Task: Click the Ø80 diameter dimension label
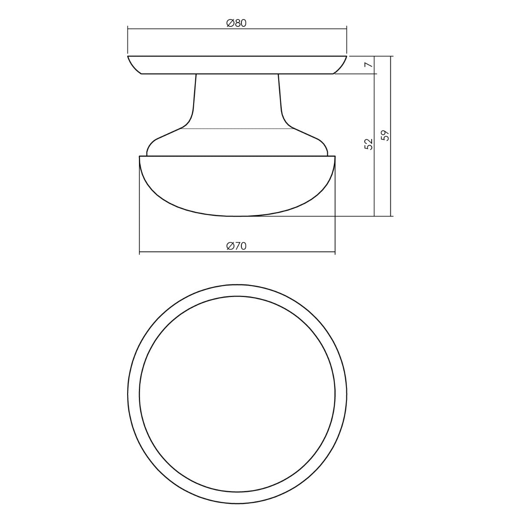(237, 23)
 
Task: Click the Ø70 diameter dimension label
(237, 246)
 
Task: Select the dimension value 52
(369, 144)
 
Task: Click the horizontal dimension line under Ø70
(237, 252)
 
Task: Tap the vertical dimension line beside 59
(391, 136)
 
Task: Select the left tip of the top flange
(128, 56)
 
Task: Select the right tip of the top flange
(347, 56)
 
